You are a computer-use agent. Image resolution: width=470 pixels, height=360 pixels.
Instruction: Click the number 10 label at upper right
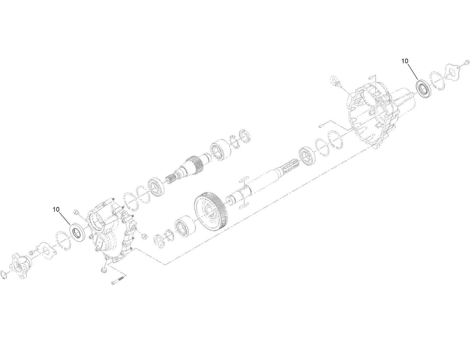pos(405,61)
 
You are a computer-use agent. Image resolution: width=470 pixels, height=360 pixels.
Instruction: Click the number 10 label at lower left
pos(56,209)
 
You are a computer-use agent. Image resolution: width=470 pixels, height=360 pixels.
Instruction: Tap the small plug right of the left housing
pos(144,236)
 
